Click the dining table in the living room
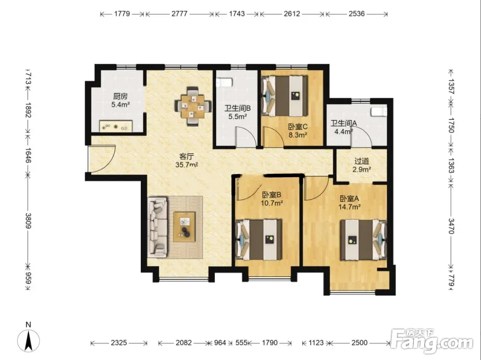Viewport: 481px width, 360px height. coord(193,106)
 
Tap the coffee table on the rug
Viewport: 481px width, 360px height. coord(184,227)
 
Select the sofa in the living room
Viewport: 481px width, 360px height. coord(157,227)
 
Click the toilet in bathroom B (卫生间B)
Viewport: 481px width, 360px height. coord(224,83)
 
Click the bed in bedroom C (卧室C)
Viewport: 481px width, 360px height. coord(284,95)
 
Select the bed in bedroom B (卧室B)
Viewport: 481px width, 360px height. coord(259,239)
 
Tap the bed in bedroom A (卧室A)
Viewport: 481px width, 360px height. coord(363,240)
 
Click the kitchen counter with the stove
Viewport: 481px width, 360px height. coord(116,127)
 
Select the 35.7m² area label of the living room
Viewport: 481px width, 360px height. coord(187,165)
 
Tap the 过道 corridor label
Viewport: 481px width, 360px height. coord(362,161)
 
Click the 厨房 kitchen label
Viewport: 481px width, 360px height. coord(120,96)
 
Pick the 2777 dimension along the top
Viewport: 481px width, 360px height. coord(179,14)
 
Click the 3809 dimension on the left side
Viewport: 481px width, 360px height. coord(28,221)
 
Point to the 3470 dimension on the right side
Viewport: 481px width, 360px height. coord(451,226)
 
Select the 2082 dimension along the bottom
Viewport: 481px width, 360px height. coord(184,343)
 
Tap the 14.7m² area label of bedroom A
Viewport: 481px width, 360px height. coord(349,207)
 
